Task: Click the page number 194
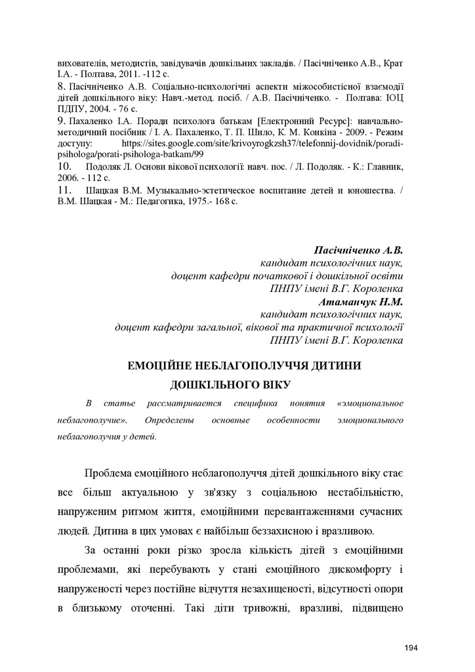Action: pyautogui.click(x=411, y=648)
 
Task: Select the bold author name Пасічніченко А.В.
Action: pyautogui.click(x=358, y=250)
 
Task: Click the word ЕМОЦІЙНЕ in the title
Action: pyautogui.click(x=160, y=364)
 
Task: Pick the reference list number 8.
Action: pyautogui.click(x=60, y=86)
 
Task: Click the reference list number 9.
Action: pyautogui.click(x=60, y=121)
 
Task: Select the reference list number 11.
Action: pyautogui.click(x=64, y=190)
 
